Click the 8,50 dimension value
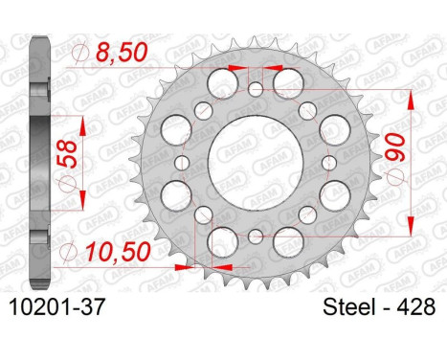[122, 53]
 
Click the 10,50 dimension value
[119, 252]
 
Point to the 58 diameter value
[67, 154]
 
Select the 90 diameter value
[394, 146]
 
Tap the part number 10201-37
[56, 307]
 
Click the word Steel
[348, 307]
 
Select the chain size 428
[416, 307]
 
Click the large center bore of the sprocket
[256, 163]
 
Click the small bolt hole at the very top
[256, 89]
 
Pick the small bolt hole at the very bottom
[256, 236]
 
